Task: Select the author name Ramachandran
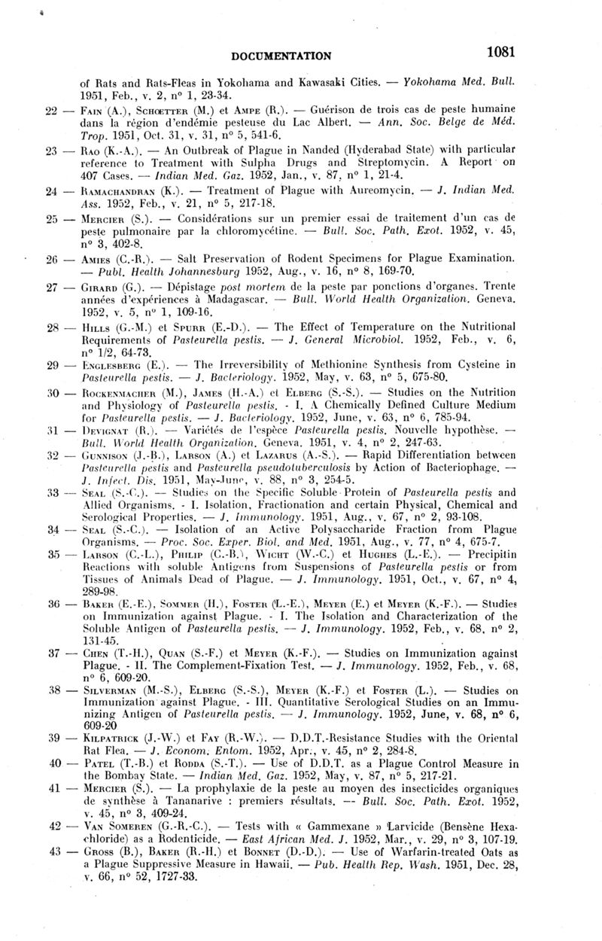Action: [109, 191]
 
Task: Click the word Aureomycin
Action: [386, 191]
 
